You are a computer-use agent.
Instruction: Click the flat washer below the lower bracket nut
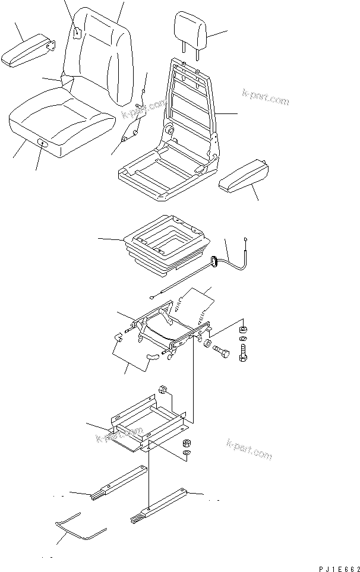[186, 453]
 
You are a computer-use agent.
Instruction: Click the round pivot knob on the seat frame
[169, 130]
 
